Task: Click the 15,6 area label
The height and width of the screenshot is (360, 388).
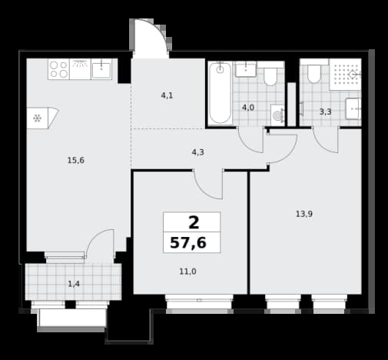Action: point(76,161)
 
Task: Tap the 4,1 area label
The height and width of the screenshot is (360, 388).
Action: point(167,95)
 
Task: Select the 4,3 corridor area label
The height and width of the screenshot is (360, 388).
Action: point(198,152)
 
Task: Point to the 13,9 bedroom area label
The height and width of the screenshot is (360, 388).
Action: point(304,214)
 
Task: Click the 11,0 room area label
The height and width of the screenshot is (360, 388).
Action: point(187,272)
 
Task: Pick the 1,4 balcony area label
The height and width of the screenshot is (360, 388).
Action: point(74,284)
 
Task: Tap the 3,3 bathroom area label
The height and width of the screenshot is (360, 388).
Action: point(325,112)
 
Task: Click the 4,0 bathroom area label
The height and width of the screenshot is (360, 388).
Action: point(248,108)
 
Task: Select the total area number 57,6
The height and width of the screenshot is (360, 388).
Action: point(188,242)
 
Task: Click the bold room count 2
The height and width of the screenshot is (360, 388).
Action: point(194,222)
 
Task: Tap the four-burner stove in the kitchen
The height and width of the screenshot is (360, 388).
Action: point(58,69)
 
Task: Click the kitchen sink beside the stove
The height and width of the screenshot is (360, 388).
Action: point(101,69)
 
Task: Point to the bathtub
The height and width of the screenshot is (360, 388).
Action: point(220,93)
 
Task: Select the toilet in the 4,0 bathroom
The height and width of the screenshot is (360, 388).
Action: point(270,76)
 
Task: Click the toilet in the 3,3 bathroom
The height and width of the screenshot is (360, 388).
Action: point(314,75)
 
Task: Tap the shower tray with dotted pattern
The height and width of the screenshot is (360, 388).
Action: point(345,75)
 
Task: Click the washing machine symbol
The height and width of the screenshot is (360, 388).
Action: point(277,115)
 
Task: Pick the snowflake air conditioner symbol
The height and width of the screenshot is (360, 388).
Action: point(38,118)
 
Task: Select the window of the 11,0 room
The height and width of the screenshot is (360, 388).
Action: point(199,302)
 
